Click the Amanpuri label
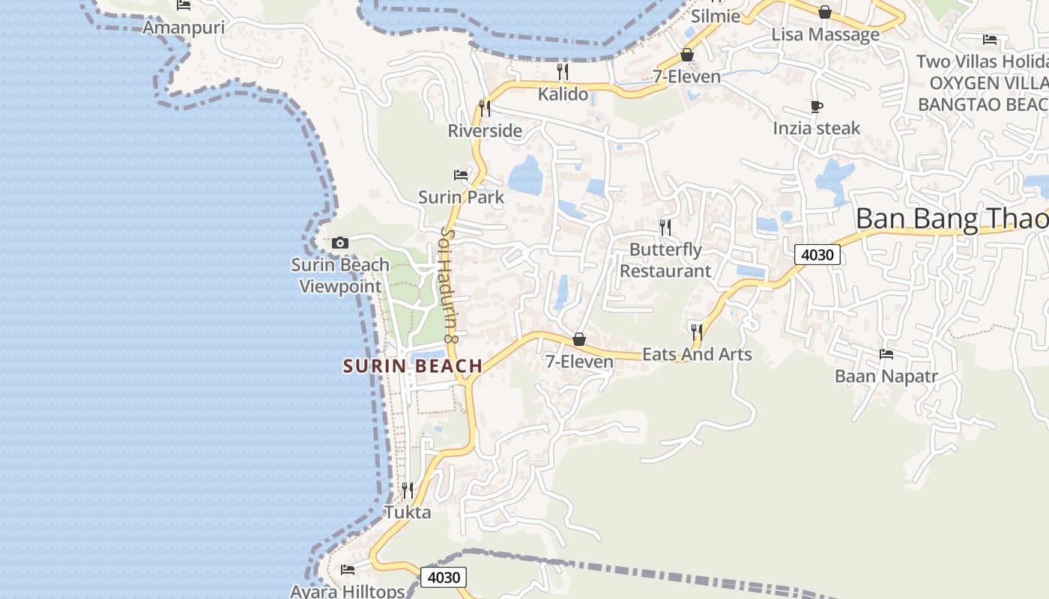[184, 28]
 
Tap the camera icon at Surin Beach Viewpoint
[340, 243]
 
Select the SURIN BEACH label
[413, 366]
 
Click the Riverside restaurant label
[485, 131]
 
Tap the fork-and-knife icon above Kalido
[563, 72]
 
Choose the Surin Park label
[461, 198]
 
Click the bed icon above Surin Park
[461, 175]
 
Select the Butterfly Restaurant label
[665, 260]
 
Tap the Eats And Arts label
[697, 354]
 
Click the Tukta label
[408, 513]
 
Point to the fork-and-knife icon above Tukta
[408, 490]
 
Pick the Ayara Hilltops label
[348, 592]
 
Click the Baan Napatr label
[886, 376]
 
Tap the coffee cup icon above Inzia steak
[817, 106]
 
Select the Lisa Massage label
[825, 35]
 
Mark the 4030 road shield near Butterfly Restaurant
[817, 255]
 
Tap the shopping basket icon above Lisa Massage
[825, 12]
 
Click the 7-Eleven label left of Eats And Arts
[579, 362]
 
